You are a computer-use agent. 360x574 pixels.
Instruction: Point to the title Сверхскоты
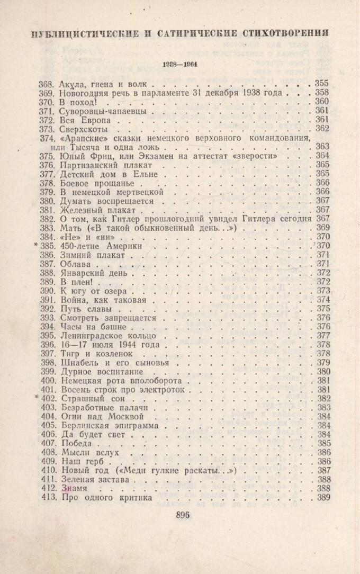(84, 129)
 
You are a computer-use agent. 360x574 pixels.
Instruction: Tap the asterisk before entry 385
(37, 246)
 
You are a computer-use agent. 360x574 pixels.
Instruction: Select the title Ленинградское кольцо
(109, 335)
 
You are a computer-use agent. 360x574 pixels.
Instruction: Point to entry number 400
(48, 380)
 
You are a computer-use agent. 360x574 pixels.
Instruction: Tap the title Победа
(77, 443)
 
